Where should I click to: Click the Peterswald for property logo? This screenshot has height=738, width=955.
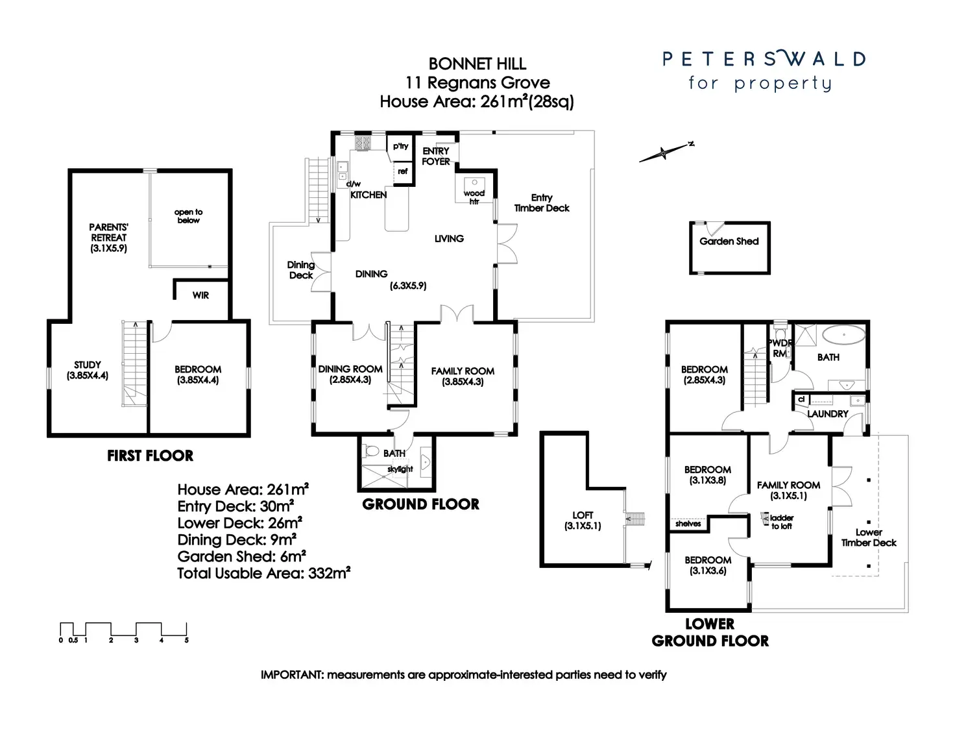point(764,71)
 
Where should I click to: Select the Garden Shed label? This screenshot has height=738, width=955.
point(729,241)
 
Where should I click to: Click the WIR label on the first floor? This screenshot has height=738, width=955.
point(200,295)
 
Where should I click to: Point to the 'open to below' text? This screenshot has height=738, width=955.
point(188,216)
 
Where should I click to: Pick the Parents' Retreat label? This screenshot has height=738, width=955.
point(108,238)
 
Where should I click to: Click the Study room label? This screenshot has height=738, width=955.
point(88,370)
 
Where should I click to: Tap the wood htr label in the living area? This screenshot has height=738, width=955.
point(474,197)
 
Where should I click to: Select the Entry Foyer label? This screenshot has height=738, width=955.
point(435,156)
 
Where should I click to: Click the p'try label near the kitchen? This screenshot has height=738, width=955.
point(400,146)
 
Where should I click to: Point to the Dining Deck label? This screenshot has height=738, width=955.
point(301,270)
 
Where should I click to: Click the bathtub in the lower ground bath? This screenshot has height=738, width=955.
point(843,336)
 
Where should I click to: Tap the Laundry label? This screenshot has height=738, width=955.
point(827,414)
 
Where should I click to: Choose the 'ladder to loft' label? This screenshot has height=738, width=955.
point(782,522)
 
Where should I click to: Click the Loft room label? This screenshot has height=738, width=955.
point(583,521)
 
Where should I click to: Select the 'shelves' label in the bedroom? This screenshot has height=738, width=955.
point(688,523)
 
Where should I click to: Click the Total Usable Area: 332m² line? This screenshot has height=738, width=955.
point(263,573)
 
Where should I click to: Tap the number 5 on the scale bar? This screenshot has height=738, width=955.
point(187,640)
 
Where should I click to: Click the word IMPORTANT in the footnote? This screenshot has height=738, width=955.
point(291,675)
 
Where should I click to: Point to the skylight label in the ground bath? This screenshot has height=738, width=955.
point(400,469)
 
